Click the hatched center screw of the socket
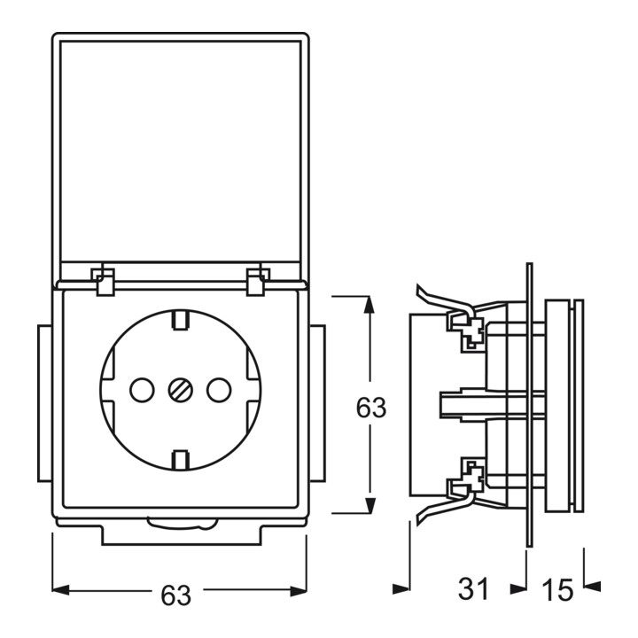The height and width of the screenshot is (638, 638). click(180, 390)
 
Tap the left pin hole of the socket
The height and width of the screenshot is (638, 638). click(142, 390)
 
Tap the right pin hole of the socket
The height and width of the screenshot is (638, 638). click(219, 390)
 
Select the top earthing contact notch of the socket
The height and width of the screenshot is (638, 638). click(180, 320)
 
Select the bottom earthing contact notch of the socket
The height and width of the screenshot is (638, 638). click(180, 461)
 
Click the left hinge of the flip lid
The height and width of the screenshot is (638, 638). click(105, 281)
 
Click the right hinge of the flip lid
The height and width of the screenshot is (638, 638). click(258, 281)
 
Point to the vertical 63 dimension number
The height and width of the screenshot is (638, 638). click(370, 408)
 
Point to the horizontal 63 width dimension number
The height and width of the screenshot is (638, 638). click(175, 595)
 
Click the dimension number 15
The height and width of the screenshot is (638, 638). click(557, 589)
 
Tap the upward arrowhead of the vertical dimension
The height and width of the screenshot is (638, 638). click(369, 305)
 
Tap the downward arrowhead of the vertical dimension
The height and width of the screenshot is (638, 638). click(369, 504)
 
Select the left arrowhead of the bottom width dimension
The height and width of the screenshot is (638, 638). click(61, 589)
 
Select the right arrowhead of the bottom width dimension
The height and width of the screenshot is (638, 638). click(299, 589)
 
